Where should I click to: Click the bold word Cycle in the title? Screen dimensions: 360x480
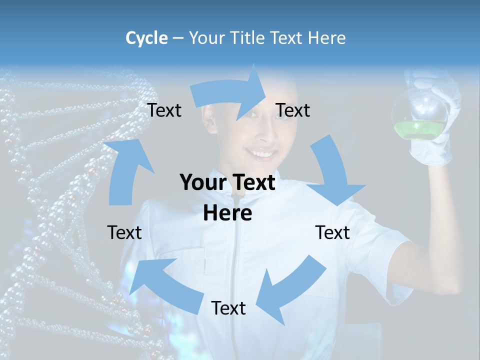pos(146,38)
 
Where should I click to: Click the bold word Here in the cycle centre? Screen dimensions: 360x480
pos(227,213)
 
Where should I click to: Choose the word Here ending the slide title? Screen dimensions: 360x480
pos(327,38)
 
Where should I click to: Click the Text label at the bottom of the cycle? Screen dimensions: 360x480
pos(228,308)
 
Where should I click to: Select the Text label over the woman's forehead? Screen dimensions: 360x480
pos(293,110)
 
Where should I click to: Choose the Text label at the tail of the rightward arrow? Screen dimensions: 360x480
pos(164,110)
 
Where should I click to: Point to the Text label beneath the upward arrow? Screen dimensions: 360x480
pos(124,232)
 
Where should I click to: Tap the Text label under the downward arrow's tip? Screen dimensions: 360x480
pos(332,232)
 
